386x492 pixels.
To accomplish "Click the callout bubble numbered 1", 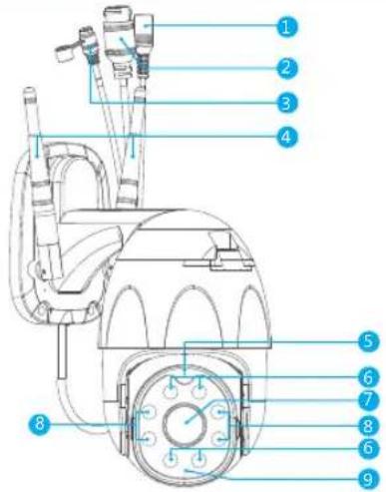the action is pyautogui.click(x=286, y=26).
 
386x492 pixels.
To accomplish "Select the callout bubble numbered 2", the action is pyautogui.click(x=286, y=68).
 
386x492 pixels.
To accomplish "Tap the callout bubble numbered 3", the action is pyautogui.click(x=286, y=103).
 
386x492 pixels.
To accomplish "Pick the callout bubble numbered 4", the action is pyautogui.click(x=286, y=136).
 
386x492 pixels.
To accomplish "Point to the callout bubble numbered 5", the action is pyautogui.click(x=368, y=341).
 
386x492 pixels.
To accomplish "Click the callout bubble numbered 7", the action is pyautogui.click(x=368, y=399).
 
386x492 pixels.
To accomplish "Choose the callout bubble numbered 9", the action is pyautogui.click(x=368, y=479).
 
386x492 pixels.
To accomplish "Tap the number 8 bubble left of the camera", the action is pyautogui.click(x=40, y=424).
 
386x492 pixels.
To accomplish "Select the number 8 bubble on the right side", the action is pyautogui.click(x=368, y=426).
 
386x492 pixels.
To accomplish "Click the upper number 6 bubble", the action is pyautogui.click(x=368, y=377).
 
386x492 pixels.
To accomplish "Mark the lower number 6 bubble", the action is pyautogui.click(x=368, y=448).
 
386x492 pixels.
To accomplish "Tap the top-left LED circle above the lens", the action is pyautogui.click(x=171, y=392).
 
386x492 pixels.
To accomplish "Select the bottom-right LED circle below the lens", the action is pyautogui.click(x=198, y=461).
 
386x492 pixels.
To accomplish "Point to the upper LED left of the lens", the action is pyautogui.click(x=149, y=412).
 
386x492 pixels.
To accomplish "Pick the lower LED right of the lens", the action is pyautogui.click(x=219, y=439).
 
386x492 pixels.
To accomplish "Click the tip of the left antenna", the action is pyautogui.click(x=30, y=89).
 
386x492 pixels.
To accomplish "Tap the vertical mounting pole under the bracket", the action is pyautogui.click(x=62, y=351).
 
